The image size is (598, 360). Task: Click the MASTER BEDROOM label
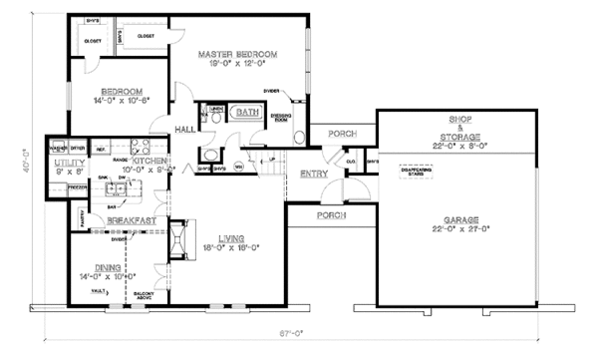point(236,54)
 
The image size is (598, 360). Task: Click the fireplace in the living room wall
point(176,238)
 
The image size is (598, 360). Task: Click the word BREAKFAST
point(127,220)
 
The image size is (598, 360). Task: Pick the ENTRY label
point(311,175)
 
